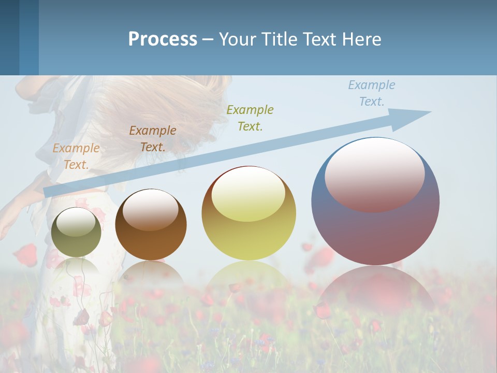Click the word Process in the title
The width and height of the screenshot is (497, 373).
pyautogui.click(x=163, y=39)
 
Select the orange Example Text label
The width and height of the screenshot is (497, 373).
pyautogui.click(x=76, y=156)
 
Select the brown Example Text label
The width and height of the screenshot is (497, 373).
pyautogui.click(x=153, y=139)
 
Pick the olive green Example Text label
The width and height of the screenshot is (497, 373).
pyautogui.click(x=250, y=118)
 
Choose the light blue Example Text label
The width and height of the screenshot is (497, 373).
pyautogui.click(x=372, y=93)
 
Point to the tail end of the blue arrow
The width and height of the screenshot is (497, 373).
pyautogui.click(x=48, y=192)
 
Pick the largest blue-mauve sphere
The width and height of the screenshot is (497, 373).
pyautogui.click(x=375, y=228)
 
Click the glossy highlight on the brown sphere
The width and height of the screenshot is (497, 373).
pyautogui.click(x=151, y=209)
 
